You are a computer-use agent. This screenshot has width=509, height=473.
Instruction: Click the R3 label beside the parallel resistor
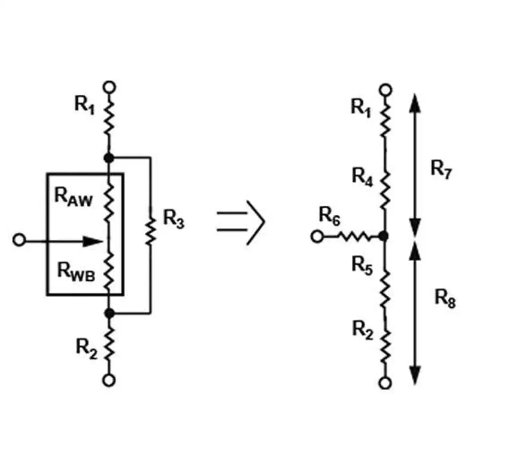(x=174, y=219)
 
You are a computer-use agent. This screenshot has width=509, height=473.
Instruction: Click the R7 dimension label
(x=441, y=170)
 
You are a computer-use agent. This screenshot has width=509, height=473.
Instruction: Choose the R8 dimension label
(x=445, y=299)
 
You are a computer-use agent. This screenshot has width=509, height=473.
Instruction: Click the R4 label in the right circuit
(x=362, y=177)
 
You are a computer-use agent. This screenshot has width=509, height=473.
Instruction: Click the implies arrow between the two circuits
(x=241, y=223)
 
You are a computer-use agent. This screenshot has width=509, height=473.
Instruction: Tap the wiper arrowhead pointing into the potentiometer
(x=93, y=241)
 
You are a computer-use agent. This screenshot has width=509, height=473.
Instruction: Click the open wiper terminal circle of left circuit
(x=19, y=240)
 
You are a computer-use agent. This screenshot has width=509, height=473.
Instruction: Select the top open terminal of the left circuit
(x=109, y=87)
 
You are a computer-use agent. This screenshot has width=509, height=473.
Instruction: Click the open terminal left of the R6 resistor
(x=317, y=236)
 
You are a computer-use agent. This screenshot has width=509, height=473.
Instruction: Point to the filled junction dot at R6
(x=384, y=236)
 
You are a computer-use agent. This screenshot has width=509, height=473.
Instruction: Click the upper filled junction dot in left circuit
(x=109, y=158)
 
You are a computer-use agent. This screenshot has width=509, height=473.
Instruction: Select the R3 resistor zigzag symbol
(x=150, y=231)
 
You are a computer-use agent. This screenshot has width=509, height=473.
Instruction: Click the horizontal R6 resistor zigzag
(x=355, y=236)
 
